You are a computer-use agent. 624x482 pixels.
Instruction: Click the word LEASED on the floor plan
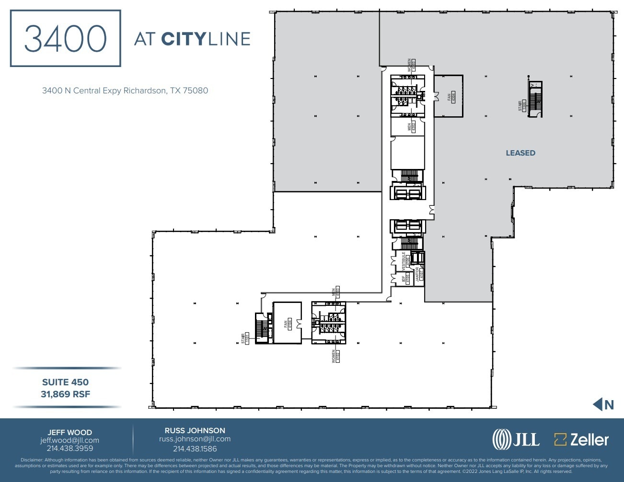[x=520, y=153]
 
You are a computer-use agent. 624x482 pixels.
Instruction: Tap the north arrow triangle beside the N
[x=597, y=404]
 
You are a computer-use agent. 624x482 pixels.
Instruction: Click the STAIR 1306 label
[x=522, y=105]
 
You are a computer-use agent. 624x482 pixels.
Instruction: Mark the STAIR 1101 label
[x=245, y=338]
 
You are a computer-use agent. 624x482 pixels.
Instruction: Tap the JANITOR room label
[x=419, y=274]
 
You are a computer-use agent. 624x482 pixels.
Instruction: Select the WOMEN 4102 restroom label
[x=335, y=356]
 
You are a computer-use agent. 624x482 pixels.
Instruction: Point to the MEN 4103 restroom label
[x=335, y=292]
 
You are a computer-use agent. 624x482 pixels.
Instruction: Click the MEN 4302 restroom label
[x=411, y=126]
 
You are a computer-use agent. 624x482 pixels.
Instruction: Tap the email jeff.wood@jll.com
[x=69, y=440]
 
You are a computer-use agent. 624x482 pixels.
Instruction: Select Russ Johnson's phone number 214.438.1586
[x=195, y=448]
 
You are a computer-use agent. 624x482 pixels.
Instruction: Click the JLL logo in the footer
[x=516, y=439]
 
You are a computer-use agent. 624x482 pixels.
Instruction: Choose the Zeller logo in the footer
[x=581, y=439]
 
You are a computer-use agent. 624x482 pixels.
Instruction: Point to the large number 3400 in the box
[x=65, y=38]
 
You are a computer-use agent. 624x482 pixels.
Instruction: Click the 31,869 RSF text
[x=65, y=394]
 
